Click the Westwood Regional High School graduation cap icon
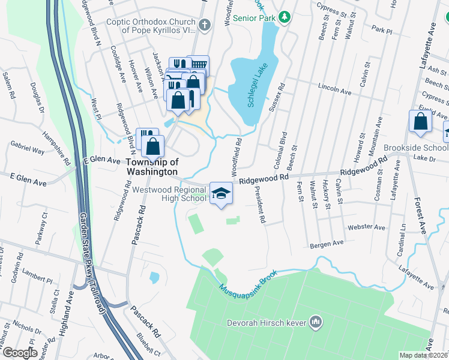tap(221, 193)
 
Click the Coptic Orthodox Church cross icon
tap(205, 25)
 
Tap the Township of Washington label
tap(152, 166)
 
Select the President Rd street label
tap(259, 204)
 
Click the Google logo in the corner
tap(20, 353)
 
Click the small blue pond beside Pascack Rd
tap(154, 278)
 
